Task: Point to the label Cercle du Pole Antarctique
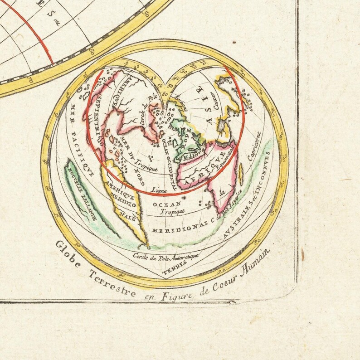click(x=166, y=257)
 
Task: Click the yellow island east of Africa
click(x=241, y=174)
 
